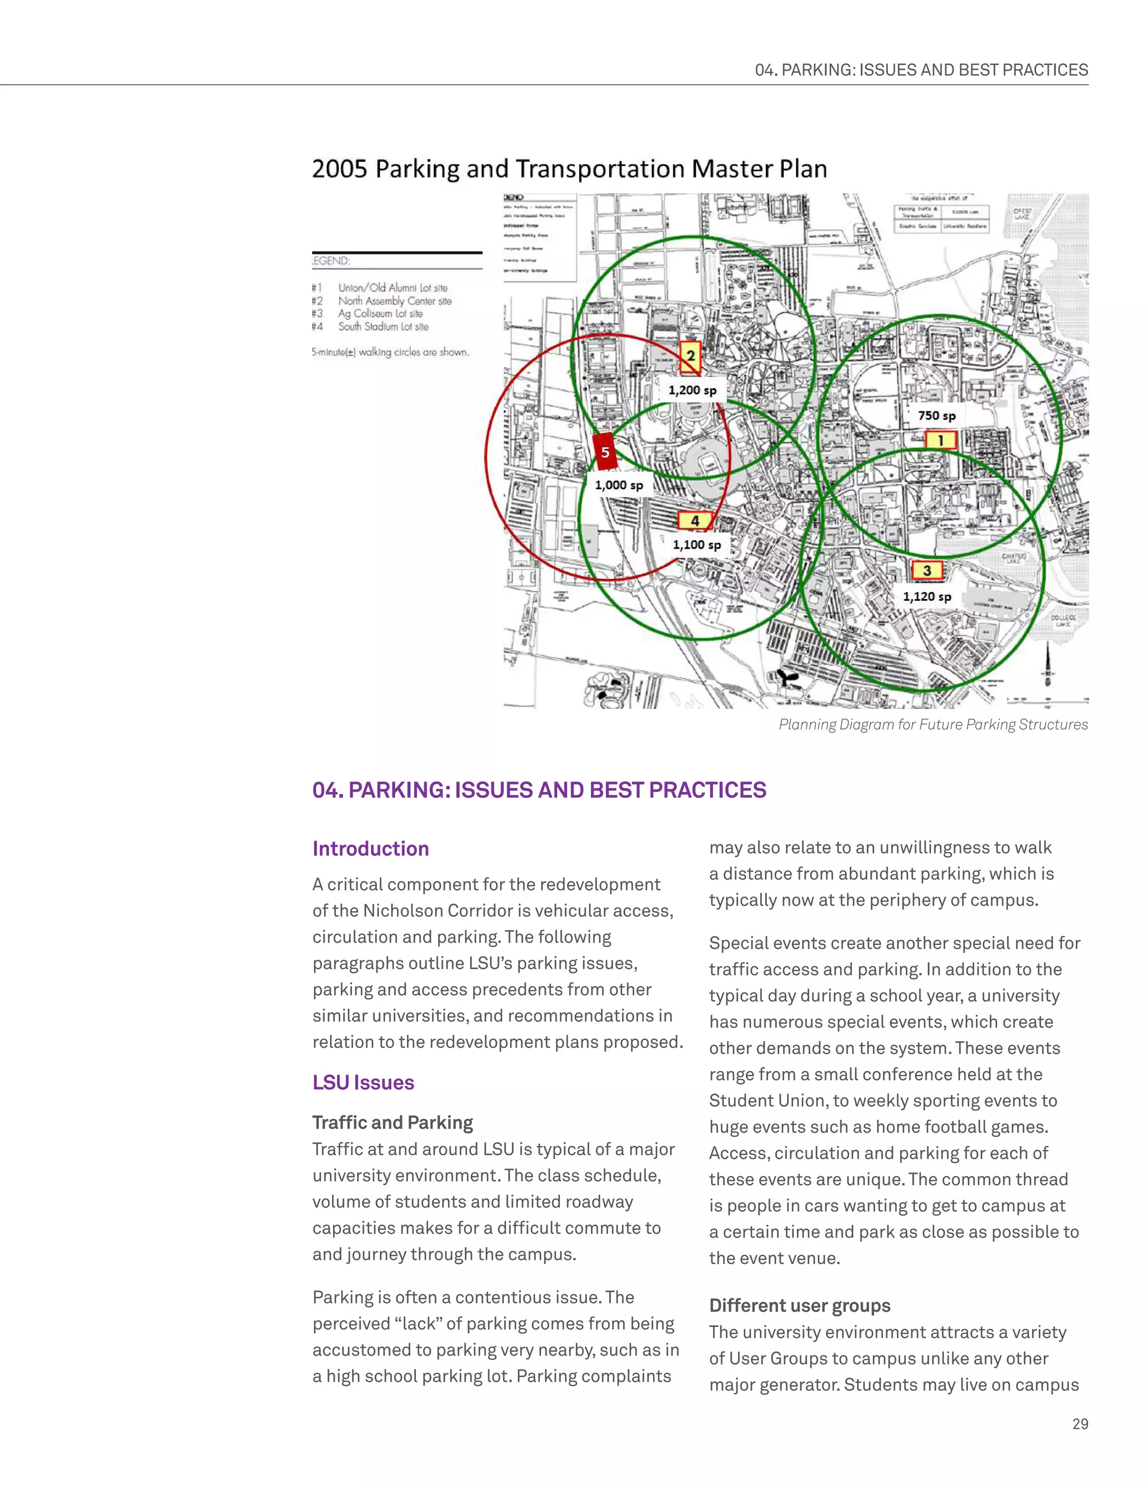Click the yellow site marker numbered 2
(690, 356)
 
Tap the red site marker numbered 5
(605, 452)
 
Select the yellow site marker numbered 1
(941, 440)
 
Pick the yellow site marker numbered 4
(695, 521)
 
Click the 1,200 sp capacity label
(692, 390)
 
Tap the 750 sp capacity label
(937, 415)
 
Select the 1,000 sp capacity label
(619, 485)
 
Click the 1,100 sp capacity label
(696, 545)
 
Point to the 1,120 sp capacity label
(926, 596)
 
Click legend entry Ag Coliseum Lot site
(380, 313)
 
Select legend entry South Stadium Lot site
(383, 326)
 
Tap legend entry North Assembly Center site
(395, 300)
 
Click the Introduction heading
(371, 848)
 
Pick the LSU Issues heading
(363, 1083)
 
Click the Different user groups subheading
(799, 1306)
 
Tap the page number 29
(1080, 1424)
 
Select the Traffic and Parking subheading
(392, 1122)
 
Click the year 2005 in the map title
(339, 169)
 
